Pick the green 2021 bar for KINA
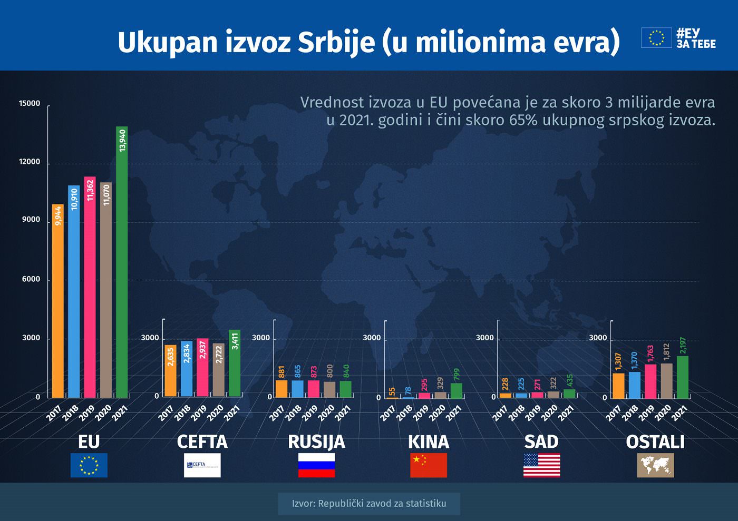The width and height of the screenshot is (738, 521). point(457,391)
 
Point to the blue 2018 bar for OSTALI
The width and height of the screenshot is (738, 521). point(635,385)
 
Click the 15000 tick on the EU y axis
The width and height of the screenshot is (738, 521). point(30,104)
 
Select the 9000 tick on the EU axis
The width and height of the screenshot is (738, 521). point(31,220)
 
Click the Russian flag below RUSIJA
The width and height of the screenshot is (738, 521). point(316,465)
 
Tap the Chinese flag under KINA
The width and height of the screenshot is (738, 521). point(429,465)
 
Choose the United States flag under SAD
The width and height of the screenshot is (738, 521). point(541,465)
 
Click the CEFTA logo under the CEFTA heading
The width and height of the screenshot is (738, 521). point(202,465)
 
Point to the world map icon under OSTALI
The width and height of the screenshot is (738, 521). point(655,465)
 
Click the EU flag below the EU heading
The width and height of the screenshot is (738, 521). point(89,465)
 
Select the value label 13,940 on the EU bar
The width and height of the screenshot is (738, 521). point(122,141)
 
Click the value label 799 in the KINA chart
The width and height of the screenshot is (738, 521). point(457,375)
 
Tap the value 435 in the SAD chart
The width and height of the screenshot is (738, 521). point(570,381)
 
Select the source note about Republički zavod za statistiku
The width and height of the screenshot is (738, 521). point(369,504)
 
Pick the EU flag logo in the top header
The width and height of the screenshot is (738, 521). point(656,38)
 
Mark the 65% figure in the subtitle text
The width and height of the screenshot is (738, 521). point(523,120)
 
